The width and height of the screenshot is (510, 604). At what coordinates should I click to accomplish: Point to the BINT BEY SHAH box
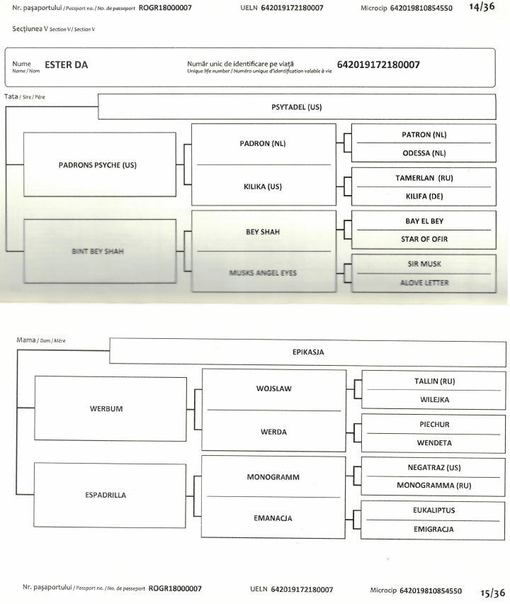[98, 250]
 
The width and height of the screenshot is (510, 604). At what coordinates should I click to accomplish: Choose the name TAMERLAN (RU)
[424, 178]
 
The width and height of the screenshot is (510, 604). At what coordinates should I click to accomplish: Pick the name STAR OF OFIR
[424, 238]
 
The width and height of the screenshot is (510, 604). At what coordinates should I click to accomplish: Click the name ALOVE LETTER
[424, 282]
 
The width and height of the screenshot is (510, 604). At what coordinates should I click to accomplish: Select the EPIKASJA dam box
[308, 351]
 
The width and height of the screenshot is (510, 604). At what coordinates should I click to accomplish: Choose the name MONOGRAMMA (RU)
[433, 486]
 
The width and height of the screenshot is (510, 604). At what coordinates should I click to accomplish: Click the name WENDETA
[433, 442]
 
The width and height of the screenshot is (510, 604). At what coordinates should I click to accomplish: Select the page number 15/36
[492, 592]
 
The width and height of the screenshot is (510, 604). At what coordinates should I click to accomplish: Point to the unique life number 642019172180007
[378, 65]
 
